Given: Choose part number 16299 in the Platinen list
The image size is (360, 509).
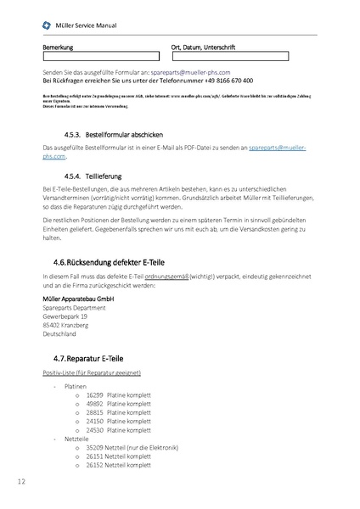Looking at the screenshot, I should [x=94, y=395].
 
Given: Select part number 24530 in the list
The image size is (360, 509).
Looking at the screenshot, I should [x=94, y=429].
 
